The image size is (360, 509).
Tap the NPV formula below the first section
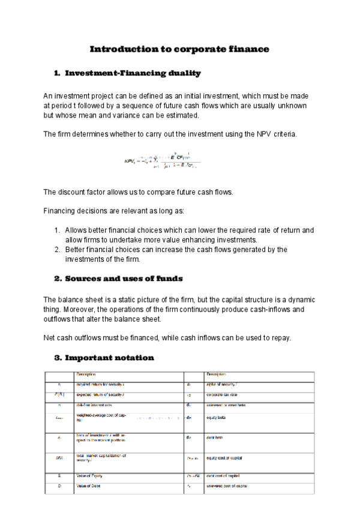tap(161, 160)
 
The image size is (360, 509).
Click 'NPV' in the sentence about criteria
tap(248, 134)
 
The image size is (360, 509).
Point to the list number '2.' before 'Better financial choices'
tap(57, 250)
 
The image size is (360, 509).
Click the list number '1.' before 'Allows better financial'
tap(57, 230)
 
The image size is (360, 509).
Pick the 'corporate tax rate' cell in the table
tap(223, 396)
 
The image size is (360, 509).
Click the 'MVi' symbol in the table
tap(59, 459)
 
